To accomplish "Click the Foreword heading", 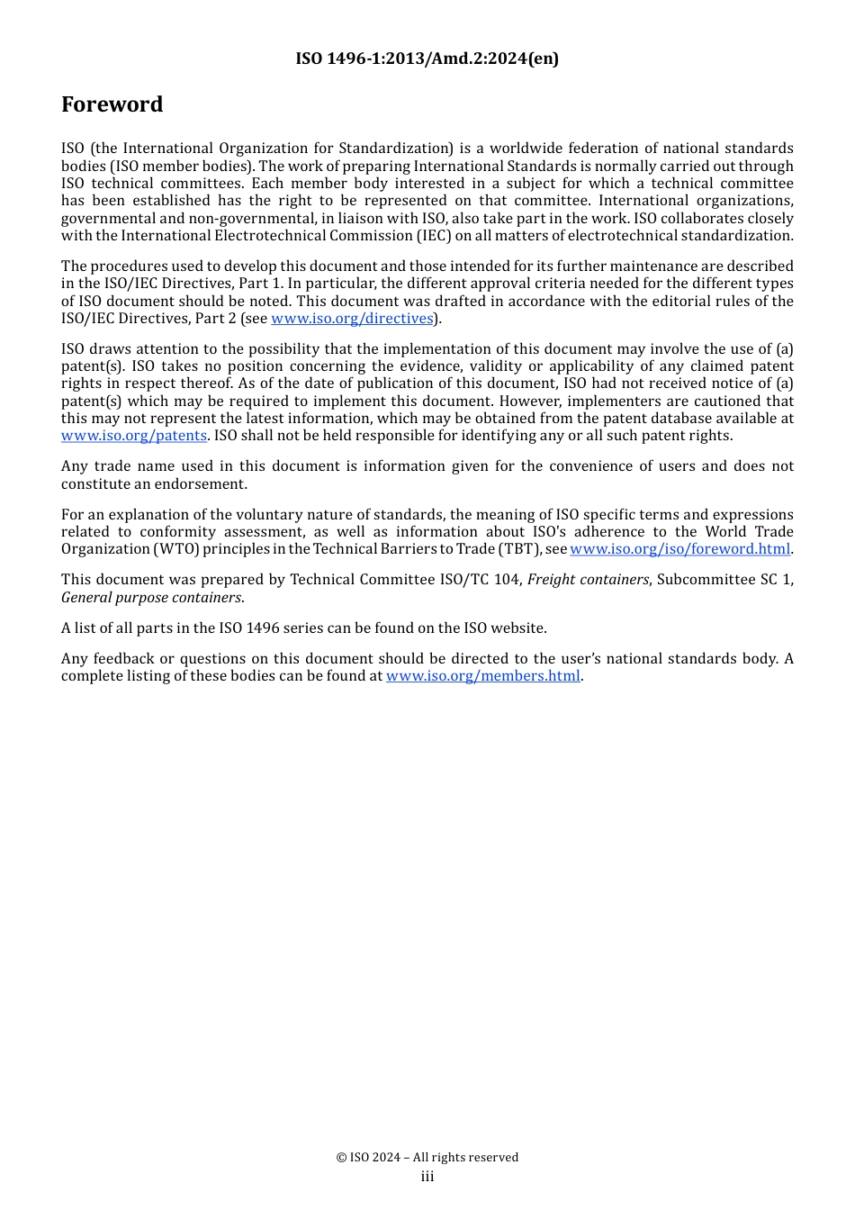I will pyautogui.click(x=112, y=104).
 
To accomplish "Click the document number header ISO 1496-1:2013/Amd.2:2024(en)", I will pyautogui.click(x=427, y=59).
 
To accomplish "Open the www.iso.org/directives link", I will pyautogui.click(x=352, y=319).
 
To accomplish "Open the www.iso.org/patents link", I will pyautogui.click(x=134, y=436).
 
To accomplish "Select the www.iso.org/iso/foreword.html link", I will pyautogui.click(x=679, y=549).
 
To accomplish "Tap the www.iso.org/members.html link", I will pyautogui.click(x=483, y=676).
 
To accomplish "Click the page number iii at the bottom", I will pyautogui.click(x=427, y=1177).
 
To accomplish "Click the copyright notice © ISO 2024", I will pyautogui.click(x=427, y=1157).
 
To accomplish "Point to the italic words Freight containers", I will pyautogui.click(x=588, y=580).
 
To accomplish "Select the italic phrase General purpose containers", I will pyautogui.click(x=151, y=598).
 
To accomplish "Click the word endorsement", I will pyautogui.click(x=204, y=484).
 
